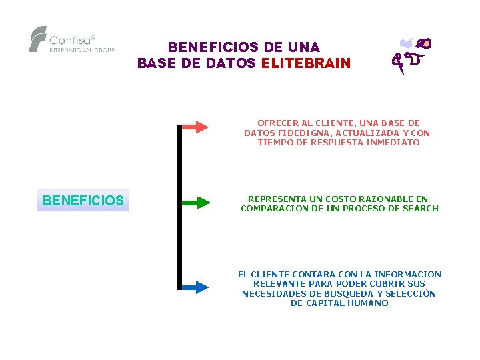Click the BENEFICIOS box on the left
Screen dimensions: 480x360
83,201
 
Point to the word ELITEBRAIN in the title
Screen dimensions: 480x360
306,64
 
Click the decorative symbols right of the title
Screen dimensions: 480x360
411,53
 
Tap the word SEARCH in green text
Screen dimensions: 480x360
420,209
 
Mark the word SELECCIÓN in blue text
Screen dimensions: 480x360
411,294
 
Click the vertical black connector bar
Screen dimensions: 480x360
179,207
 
